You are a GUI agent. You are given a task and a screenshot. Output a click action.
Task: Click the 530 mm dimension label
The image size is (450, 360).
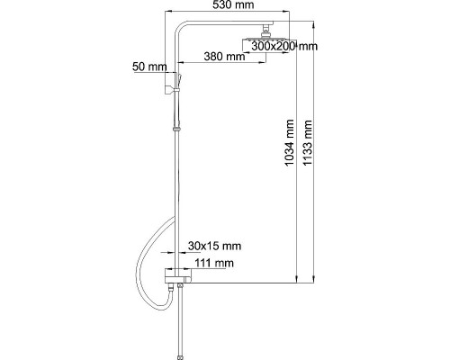(x=233, y=4)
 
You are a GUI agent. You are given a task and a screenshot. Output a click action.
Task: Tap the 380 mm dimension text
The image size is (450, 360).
(x=224, y=56)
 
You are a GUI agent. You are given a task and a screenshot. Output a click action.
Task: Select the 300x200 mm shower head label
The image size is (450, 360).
(x=284, y=46)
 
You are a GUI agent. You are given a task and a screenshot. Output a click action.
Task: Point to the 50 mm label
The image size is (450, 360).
(x=149, y=67)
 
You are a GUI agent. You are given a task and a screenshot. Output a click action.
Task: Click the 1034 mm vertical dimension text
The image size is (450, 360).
(x=290, y=143)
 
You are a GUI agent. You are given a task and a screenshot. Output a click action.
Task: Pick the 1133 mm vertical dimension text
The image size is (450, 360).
(x=308, y=143)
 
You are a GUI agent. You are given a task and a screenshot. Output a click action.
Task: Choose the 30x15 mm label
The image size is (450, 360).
(x=214, y=246)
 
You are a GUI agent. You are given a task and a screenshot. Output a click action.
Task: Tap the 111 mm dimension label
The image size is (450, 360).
(x=214, y=263)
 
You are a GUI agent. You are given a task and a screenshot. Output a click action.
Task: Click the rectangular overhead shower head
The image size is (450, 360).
(x=269, y=45)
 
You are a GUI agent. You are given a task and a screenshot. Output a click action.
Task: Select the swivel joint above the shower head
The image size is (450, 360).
(x=265, y=31)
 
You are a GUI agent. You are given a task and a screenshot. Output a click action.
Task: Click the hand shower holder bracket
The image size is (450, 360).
(x=168, y=90)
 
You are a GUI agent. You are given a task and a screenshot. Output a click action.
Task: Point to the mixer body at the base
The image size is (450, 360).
(x=177, y=275)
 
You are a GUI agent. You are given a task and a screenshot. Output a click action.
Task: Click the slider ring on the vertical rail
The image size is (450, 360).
(x=176, y=130)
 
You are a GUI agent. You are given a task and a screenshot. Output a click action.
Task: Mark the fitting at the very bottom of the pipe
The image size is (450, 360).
(x=180, y=357)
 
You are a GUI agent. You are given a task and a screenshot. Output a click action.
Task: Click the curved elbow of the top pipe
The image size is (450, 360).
(x=179, y=26)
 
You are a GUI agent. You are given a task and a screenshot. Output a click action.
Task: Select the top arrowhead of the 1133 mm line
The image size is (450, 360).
(x=313, y=25)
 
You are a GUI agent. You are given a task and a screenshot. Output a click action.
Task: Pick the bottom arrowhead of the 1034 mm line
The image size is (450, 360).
(x=296, y=279)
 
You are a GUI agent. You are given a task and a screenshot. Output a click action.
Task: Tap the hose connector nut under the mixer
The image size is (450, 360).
(x=171, y=288)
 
